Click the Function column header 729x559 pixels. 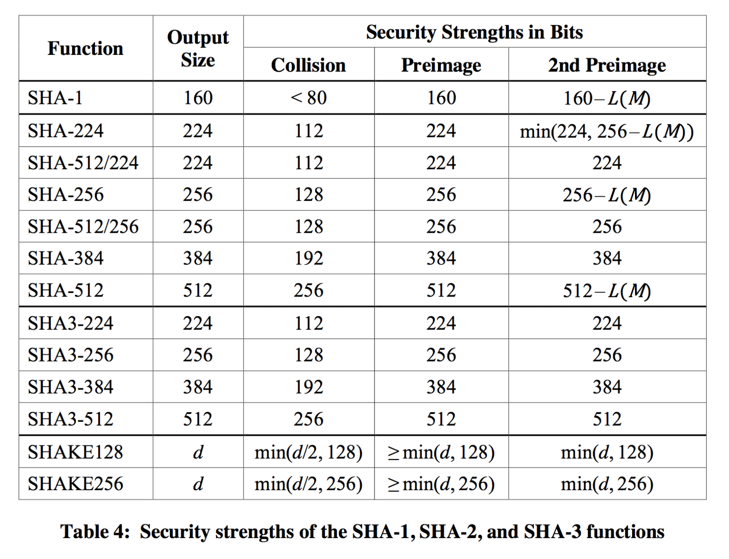click(85, 48)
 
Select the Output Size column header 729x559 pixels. click(198, 48)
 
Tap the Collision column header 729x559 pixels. click(308, 65)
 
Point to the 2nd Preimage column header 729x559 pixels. click(607, 65)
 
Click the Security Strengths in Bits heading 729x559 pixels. click(474, 32)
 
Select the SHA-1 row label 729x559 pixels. click(56, 98)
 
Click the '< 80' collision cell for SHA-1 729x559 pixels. click(308, 98)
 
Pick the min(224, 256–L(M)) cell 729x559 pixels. click(607, 131)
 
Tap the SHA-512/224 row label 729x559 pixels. click(83, 163)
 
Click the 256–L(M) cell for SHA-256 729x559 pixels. click(607, 195)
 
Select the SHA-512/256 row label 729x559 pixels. click(83, 227)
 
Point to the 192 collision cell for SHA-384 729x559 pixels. click(308, 258)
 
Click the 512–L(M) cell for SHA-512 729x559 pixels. click(607, 291)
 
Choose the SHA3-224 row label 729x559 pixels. click(71, 323)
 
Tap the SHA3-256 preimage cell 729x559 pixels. click(441, 355)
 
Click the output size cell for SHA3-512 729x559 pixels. click(198, 419)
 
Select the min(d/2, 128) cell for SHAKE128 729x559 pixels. click(308, 452)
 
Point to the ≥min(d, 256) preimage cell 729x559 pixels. click(441, 484)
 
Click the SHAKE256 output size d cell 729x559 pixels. click(198, 484)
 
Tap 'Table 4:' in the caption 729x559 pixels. click(95, 532)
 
